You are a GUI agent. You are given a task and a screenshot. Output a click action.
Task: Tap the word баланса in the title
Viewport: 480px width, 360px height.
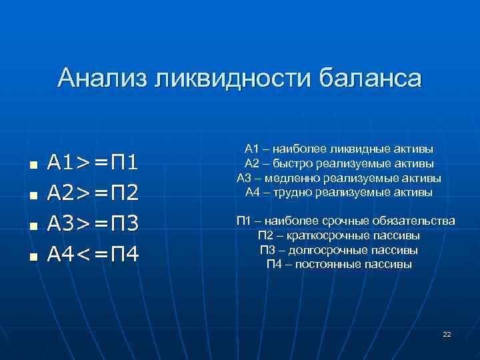click(372, 79)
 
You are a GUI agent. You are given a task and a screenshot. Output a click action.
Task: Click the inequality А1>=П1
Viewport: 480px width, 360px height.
click(93, 163)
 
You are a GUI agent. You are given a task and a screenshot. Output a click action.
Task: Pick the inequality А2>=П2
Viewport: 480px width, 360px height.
click(93, 193)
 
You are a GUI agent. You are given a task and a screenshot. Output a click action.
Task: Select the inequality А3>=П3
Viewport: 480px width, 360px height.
click(93, 223)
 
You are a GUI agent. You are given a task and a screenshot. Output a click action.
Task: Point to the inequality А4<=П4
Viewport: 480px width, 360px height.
click(93, 254)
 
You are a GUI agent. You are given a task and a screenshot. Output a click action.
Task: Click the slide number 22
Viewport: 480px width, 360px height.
click(447, 333)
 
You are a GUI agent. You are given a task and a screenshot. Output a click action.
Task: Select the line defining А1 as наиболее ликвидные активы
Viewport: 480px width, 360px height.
click(339, 148)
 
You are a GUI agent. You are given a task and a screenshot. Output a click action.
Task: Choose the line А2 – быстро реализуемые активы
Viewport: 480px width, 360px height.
click(339, 163)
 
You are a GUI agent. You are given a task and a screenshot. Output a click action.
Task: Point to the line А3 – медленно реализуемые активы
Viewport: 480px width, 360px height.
click(339, 178)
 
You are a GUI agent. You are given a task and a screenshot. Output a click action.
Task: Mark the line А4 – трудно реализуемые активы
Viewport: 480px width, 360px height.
click(339, 193)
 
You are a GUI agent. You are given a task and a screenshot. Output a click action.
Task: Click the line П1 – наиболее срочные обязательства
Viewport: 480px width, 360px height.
click(345, 221)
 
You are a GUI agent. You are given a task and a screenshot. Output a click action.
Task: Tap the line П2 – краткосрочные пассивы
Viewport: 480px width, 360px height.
click(339, 235)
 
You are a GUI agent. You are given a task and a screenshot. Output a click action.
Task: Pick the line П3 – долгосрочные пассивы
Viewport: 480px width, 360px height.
click(339, 250)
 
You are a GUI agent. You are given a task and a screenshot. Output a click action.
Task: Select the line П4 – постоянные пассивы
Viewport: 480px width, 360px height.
click(339, 265)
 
